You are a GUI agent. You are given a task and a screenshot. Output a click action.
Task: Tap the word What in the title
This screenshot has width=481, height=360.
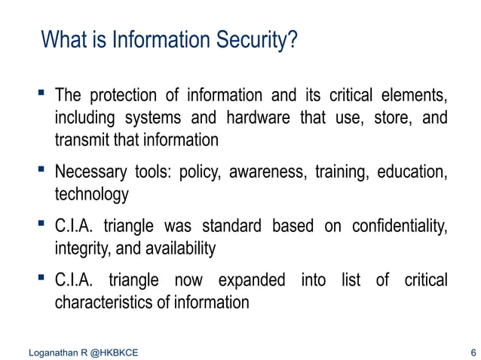point(63,38)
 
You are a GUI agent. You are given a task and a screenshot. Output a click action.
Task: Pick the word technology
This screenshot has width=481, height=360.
point(91,195)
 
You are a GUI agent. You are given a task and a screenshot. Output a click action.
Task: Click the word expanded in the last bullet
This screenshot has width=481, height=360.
point(251,281)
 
